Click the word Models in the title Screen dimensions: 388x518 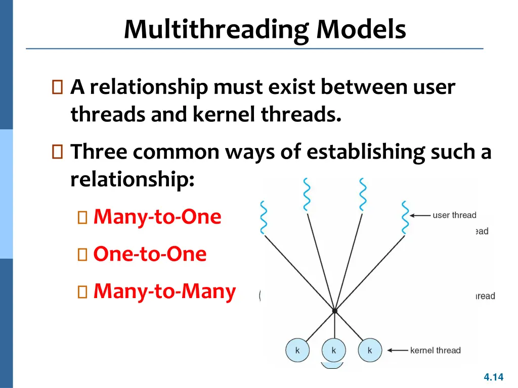(x=361, y=29)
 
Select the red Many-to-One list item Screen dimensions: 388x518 (x=157, y=217)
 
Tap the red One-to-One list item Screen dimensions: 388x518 (x=150, y=254)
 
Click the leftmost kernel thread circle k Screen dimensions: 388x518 (x=297, y=350)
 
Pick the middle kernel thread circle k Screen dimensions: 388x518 (x=334, y=350)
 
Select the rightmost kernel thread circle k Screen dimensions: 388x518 (x=370, y=350)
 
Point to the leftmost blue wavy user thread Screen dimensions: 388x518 (x=263, y=217)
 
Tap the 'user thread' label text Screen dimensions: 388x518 (x=454, y=215)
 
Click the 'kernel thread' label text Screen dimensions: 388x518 (x=435, y=350)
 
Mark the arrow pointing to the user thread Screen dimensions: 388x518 (x=419, y=216)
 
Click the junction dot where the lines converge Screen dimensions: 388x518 (x=334, y=310)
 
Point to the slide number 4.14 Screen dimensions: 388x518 (x=494, y=377)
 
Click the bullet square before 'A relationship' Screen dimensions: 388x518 (x=57, y=88)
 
